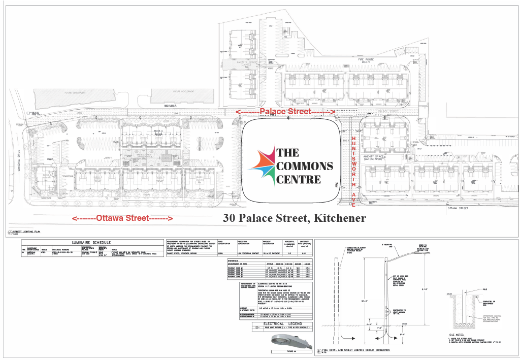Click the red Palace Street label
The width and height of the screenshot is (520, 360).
(x=284, y=111)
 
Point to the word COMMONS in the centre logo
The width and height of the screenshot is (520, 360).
(x=305, y=166)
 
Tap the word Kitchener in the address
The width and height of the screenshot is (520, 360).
(x=340, y=218)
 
